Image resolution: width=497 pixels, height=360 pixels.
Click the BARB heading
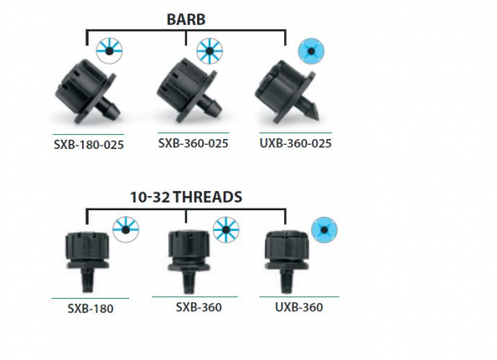click(186, 19)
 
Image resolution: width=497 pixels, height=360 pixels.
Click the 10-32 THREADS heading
click(186, 197)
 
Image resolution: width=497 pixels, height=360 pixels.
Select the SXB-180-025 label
click(89, 145)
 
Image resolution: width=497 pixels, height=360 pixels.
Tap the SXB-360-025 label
click(193, 143)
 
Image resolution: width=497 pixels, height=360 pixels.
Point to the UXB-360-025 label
click(296, 143)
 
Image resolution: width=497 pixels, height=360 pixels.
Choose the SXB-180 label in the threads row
click(90, 309)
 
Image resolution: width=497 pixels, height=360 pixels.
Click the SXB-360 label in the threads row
click(199, 307)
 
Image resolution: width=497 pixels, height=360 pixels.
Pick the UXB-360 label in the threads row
click(299, 307)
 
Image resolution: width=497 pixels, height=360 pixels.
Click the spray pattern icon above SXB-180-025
click(109, 51)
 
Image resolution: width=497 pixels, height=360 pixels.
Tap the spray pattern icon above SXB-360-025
click(210, 51)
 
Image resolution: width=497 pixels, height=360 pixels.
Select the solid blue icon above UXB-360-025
click(311, 51)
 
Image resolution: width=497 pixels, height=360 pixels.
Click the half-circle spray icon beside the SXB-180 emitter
click(126, 230)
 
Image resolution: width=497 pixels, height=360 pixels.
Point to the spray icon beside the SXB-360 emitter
click(226, 230)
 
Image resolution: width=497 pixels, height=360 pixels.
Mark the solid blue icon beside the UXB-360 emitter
click(324, 230)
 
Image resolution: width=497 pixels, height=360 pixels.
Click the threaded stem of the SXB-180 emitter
click(87, 281)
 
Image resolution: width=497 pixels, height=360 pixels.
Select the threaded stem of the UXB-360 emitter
click(287, 281)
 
